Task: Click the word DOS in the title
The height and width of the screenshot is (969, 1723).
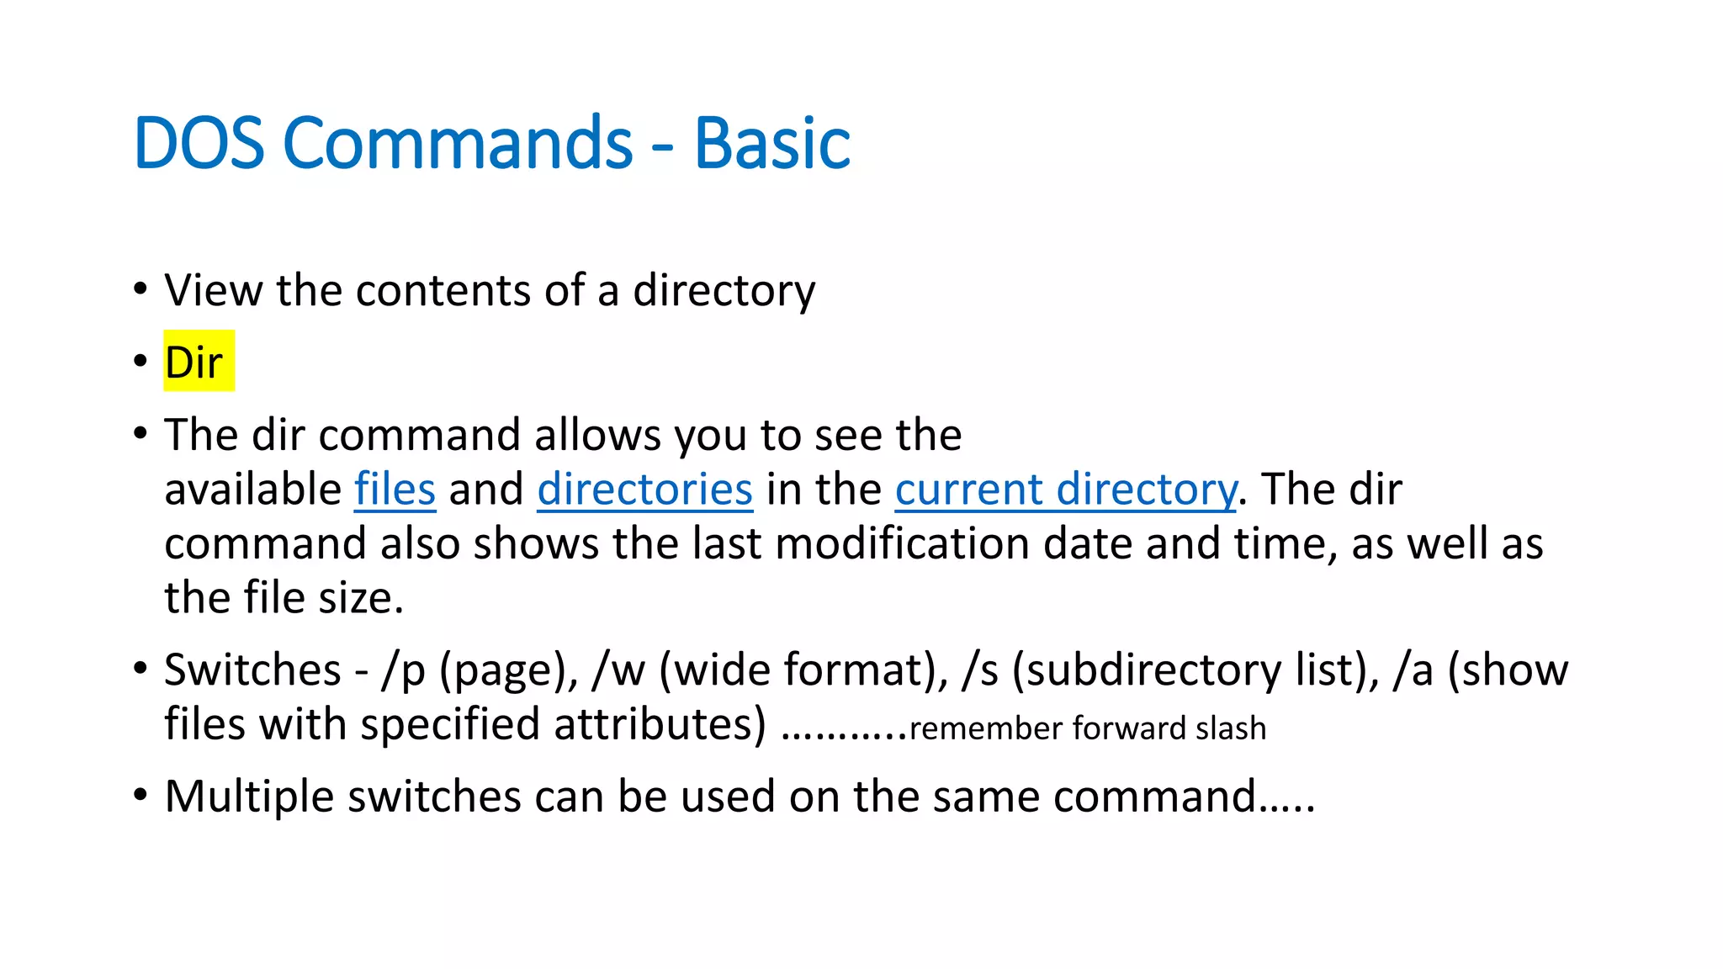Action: point(199,143)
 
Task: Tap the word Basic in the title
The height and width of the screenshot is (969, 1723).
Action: point(771,143)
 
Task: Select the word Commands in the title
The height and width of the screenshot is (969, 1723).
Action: point(458,143)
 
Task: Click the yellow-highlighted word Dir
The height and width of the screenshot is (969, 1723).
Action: point(194,363)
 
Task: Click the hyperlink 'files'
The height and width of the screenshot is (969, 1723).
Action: point(395,489)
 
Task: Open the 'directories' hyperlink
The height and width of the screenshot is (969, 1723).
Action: point(644,489)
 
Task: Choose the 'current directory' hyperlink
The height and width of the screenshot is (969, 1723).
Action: point(1065,489)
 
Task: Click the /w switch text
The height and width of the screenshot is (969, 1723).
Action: point(618,670)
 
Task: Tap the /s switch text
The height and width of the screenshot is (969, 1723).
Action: point(981,670)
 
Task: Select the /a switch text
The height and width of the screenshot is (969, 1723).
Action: point(1413,670)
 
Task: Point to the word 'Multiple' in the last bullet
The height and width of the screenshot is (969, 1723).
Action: point(249,796)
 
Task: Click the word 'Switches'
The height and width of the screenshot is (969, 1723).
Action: point(252,670)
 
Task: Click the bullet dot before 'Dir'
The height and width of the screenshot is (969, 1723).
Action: point(140,363)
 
